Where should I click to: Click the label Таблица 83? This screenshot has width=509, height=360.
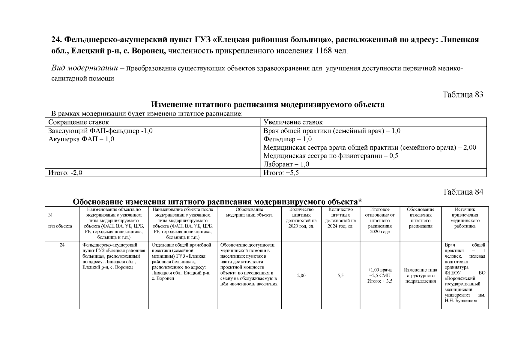coord(463,95)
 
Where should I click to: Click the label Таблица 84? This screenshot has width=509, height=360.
coord(463,192)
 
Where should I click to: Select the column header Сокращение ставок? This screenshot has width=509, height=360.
coord(79,122)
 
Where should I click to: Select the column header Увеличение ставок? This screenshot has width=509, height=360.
coord(293,122)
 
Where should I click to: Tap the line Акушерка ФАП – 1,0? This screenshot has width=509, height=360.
coord(81,139)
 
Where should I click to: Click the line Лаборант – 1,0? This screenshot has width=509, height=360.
coord(286,164)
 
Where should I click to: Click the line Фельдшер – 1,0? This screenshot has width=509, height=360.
coord(287,139)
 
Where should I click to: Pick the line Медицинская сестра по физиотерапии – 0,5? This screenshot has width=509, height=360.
coord(331,156)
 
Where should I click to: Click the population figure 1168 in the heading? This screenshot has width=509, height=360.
coord(323,51)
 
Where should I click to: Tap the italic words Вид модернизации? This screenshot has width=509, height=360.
coord(85,68)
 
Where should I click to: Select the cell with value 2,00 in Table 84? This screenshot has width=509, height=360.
coord(301,275)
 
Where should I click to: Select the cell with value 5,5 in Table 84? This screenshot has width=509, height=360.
coord(340,275)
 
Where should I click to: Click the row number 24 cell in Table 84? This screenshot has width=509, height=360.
coord(62,245)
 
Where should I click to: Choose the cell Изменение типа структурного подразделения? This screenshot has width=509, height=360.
coord(420,275)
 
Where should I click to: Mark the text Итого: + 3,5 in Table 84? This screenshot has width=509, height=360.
coord(380,281)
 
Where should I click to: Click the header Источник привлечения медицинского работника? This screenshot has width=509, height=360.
coord(465,218)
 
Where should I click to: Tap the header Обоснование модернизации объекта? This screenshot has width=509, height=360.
coord(249,212)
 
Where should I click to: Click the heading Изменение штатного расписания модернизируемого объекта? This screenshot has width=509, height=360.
coord(267,105)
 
